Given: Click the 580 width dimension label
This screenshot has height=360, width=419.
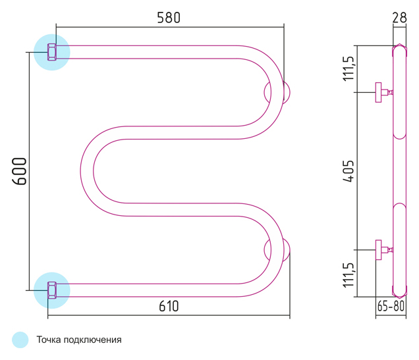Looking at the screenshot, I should pos(169,18).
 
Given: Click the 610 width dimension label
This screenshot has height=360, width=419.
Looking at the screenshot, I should pos(168,307).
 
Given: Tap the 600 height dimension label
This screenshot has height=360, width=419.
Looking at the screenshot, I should pos(19,171).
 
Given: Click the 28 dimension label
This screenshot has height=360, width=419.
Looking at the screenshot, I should pos(399,18).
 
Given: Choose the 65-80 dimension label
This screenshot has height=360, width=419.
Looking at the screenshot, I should pos(391,306).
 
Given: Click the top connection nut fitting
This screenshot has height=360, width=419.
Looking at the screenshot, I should pos(52,52).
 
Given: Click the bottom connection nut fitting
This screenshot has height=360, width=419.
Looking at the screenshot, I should pos(52,290).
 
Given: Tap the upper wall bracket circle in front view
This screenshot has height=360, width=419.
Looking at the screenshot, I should pos(277,92).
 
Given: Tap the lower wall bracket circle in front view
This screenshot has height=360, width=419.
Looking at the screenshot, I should pos(277,250).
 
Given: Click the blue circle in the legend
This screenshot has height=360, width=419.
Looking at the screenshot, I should pos(20,340).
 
